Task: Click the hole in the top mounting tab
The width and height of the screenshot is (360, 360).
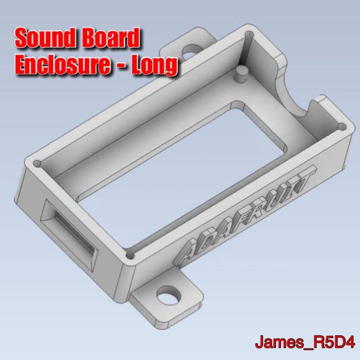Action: click(x=190, y=52)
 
